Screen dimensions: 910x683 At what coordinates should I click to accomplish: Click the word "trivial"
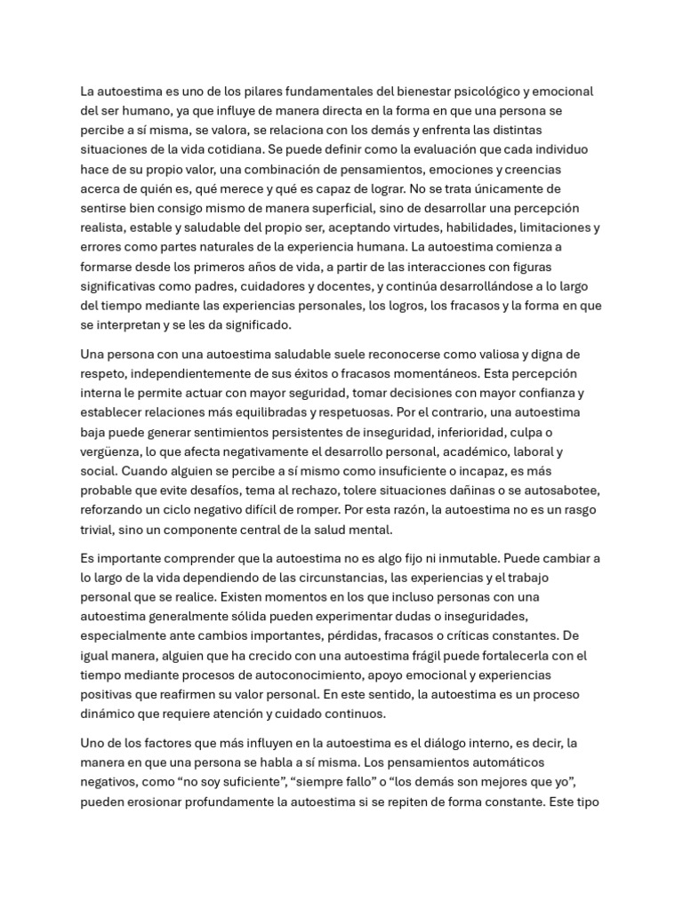click(100, 529)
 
